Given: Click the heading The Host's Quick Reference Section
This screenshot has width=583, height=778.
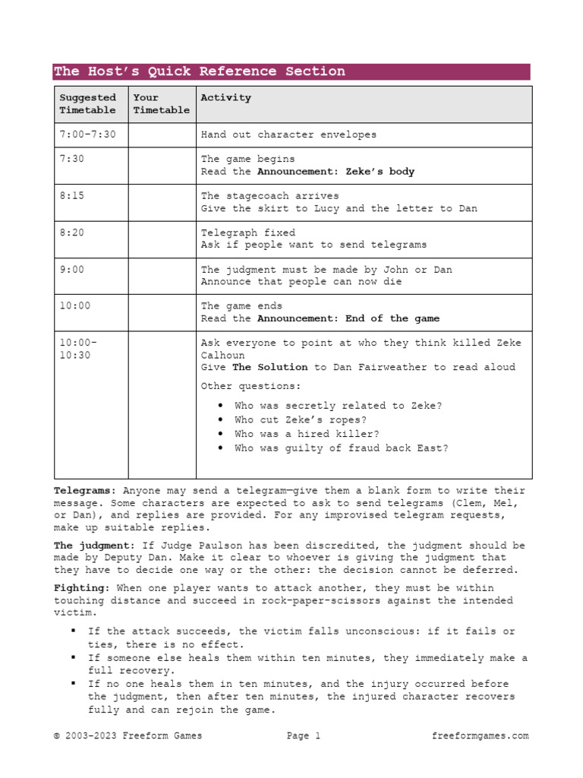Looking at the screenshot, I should [199, 71].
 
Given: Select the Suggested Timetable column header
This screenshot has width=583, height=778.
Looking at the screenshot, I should [88, 104].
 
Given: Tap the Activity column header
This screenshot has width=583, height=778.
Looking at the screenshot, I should [225, 98].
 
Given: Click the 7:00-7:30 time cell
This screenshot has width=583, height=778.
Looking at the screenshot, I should [87, 134].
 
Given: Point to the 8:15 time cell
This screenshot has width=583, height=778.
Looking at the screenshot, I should [71, 196].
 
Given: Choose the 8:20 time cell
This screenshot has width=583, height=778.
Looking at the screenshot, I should [71, 232].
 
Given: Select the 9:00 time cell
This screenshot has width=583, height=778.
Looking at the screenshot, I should [71, 270].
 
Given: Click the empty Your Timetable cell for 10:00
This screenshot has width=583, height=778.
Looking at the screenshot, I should [162, 312].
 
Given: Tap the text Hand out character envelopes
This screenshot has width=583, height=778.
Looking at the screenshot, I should [288, 134].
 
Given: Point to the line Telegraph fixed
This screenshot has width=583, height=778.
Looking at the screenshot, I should [248, 232].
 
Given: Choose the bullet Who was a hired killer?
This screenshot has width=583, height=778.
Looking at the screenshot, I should [307, 434].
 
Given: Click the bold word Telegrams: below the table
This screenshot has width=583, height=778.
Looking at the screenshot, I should [85, 491].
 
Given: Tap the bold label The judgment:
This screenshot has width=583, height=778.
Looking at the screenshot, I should [94, 546].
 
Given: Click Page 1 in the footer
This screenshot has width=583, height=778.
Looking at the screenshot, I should [304, 735].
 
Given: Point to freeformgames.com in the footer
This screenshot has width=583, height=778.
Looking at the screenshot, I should [480, 735].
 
